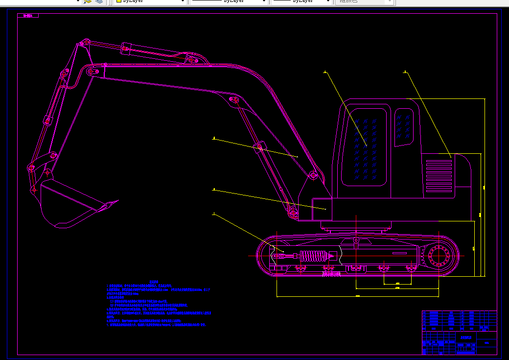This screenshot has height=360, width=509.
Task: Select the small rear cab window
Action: pyautogui.click(x=404, y=127)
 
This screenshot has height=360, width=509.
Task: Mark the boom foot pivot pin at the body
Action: pyautogui.click(x=293, y=212)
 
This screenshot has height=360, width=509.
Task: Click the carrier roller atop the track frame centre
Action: pyautogui.click(x=357, y=240)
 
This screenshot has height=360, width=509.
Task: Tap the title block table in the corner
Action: pyautogui.click(x=459, y=332)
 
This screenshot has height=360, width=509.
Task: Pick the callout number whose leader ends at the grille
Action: pyautogui.click(x=405, y=72)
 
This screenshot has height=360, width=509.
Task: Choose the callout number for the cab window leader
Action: pyautogui.click(x=324, y=72)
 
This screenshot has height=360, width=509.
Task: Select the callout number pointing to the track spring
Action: pyautogui.click(x=214, y=214)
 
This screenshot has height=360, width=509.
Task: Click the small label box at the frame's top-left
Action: pyautogui.click(x=28, y=16)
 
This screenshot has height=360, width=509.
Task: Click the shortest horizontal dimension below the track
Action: pyautogui.click(x=397, y=284)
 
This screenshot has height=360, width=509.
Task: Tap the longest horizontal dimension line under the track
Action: pyautogui.click(x=357, y=296)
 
